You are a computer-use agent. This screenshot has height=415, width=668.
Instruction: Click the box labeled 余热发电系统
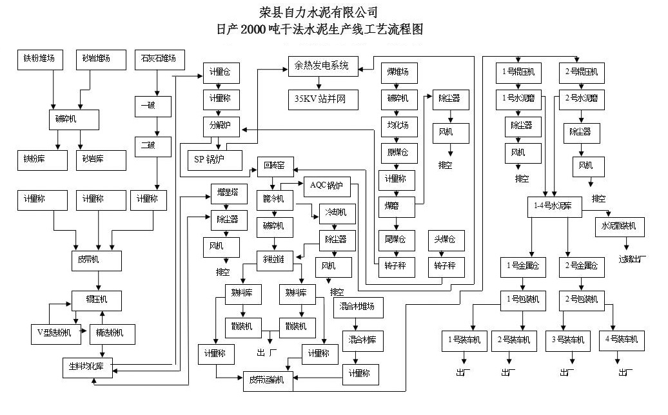click(321, 66)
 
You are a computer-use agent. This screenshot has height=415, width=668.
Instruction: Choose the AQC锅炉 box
click(326, 186)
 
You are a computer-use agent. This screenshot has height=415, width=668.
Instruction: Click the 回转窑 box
click(275, 166)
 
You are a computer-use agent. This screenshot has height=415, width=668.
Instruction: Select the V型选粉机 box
click(58, 333)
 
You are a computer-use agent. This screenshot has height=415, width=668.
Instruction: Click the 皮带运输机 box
click(268, 380)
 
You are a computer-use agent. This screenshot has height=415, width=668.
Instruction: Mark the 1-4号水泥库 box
click(554, 206)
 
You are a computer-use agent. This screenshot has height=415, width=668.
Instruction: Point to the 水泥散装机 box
click(618, 226)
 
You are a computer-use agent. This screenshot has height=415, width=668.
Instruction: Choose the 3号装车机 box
click(567, 340)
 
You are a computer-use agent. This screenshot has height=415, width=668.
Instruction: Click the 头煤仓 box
click(445, 240)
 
